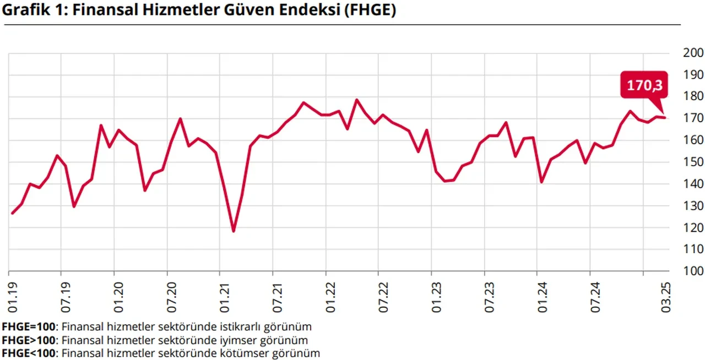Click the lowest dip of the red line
(x=234, y=231)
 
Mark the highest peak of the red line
(x=356, y=100)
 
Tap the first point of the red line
(x=12, y=213)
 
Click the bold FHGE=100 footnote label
(x=31, y=326)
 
